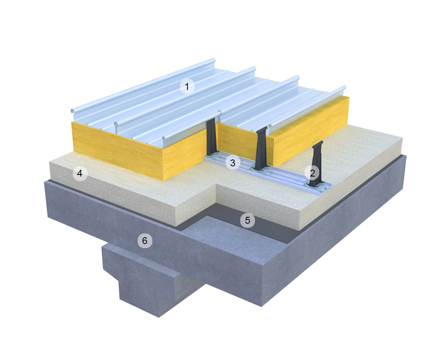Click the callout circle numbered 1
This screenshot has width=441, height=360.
click(x=187, y=87)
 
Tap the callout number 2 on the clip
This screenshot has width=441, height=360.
click(x=312, y=173)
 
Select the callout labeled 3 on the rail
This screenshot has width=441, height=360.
click(x=233, y=163)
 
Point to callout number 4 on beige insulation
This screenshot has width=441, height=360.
click(x=80, y=174)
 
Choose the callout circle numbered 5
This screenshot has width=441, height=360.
click(x=247, y=220)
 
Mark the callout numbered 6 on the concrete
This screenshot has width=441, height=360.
click(x=144, y=241)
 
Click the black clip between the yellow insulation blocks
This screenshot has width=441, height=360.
click(x=212, y=138)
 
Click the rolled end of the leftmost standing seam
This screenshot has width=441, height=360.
click(x=73, y=111)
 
